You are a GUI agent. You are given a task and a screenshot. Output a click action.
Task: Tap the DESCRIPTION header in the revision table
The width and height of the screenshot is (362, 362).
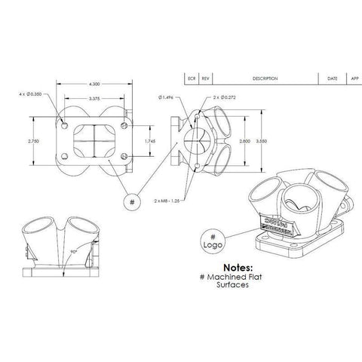265,78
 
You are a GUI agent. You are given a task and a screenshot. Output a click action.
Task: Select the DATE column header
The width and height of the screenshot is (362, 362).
332,78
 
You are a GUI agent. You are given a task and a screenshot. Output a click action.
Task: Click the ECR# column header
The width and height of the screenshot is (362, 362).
192,78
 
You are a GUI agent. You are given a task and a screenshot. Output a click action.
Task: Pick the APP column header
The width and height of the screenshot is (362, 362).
354,78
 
